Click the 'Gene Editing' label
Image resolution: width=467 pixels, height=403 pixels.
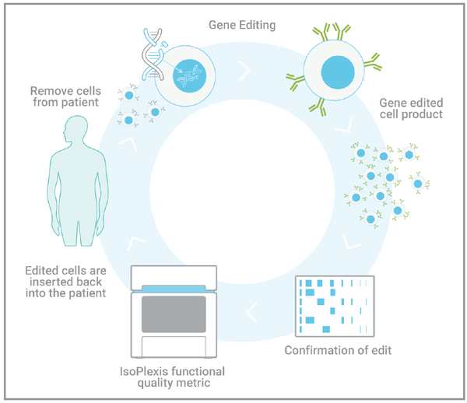click(x=244, y=24)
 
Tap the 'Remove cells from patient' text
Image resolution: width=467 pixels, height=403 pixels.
click(x=65, y=96)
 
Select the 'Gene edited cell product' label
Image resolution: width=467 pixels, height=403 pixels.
click(x=410, y=108)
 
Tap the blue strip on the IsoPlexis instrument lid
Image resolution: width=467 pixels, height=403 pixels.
click(x=174, y=289)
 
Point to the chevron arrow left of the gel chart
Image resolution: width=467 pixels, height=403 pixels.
click(x=253, y=313)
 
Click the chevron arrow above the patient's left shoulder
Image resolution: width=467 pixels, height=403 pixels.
click(x=127, y=142)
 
